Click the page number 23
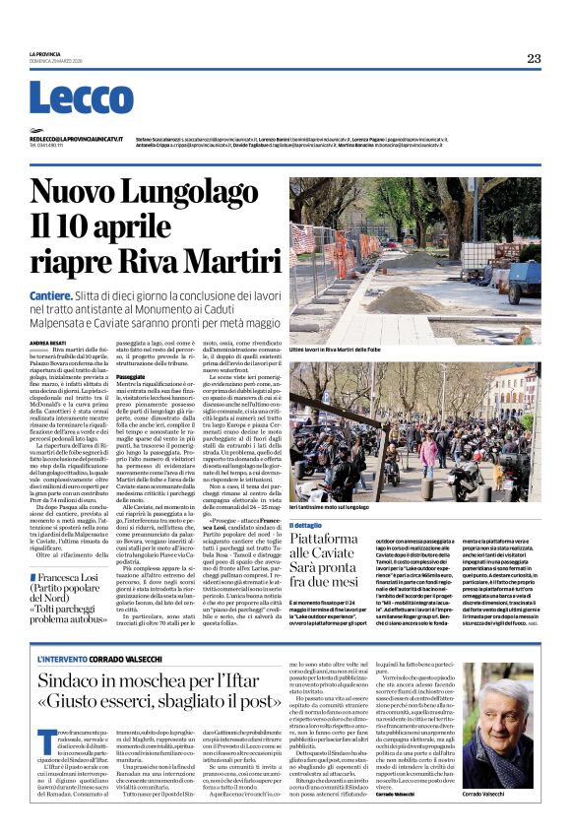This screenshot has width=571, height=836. (x=533, y=58)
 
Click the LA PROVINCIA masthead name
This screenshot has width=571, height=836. (x=44, y=54)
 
